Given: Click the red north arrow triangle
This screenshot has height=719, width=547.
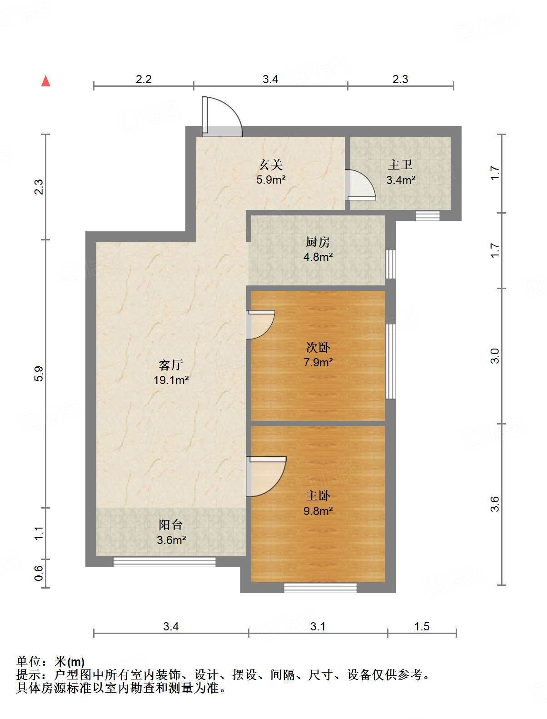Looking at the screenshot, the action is pyautogui.click(x=45, y=81).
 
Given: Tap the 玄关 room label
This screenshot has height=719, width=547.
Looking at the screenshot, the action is pyautogui.click(x=271, y=165).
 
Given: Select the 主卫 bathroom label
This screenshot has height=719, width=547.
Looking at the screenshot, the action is pyautogui.click(x=400, y=165).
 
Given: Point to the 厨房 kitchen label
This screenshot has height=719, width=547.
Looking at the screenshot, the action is pyautogui.click(x=318, y=242).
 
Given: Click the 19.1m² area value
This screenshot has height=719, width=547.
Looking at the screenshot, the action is pyautogui.click(x=171, y=380).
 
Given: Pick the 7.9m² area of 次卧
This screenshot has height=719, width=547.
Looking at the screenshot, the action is pyautogui.click(x=318, y=362).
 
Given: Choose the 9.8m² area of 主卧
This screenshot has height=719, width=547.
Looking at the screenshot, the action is pyautogui.click(x=318, y=511).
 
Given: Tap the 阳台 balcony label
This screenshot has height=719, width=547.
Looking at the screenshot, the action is pyautogui.click(x=170, y=525).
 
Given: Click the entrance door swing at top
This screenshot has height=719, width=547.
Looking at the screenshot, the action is pyautogui.click(x=222, y=117).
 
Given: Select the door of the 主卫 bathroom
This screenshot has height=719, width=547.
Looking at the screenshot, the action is pyautogui.click(x=360, y=185).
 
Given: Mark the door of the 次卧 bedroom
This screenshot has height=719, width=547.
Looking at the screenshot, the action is pyautogui.click(x=261, y=325).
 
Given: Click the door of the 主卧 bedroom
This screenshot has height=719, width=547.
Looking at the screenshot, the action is pyautogui.click(x=266, y=477).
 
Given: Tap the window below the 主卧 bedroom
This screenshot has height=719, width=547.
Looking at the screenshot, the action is pyautogui.click(x=320, y=588).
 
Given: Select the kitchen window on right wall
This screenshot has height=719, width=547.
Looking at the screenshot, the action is pyautogui.click(x=390, y=265).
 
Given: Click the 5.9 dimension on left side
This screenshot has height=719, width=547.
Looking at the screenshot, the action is pyautogui.click(x=38, y=374).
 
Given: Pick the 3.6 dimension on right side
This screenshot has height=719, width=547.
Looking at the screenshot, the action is pyautogui.click(x=495, y=504).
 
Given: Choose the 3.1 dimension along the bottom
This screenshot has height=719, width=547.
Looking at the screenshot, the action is pyautogui.click(x=318, y=626).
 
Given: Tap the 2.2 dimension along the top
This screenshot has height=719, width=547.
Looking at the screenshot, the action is pyautogui.click(x=144, y=79).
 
